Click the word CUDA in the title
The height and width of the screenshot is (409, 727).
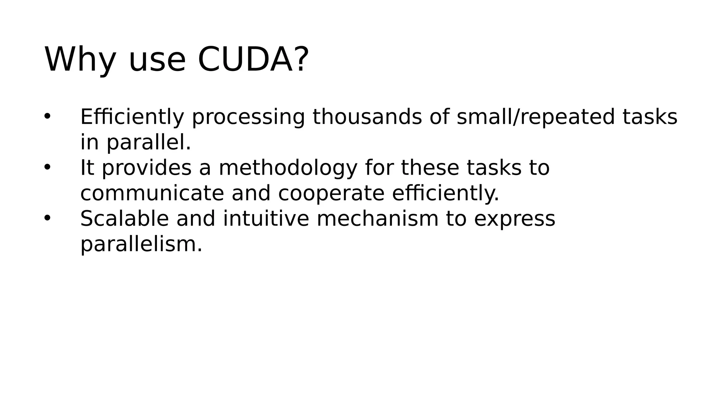point(245,59)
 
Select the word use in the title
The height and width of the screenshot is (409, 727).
point(157,59)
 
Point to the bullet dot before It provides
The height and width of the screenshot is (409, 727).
point(48,167)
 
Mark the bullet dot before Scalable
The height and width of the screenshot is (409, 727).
point(48,218)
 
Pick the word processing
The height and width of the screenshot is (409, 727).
point(248,117)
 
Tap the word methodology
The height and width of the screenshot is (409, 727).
point(288,168)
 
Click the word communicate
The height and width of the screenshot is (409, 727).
point(152,193)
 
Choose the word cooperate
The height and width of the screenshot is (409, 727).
point(331,194)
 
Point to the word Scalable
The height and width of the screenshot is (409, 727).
point(124,218)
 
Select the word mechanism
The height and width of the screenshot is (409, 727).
point(377,218)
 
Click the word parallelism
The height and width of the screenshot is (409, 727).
point(141,244)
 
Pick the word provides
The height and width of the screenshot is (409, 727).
point(147,168)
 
